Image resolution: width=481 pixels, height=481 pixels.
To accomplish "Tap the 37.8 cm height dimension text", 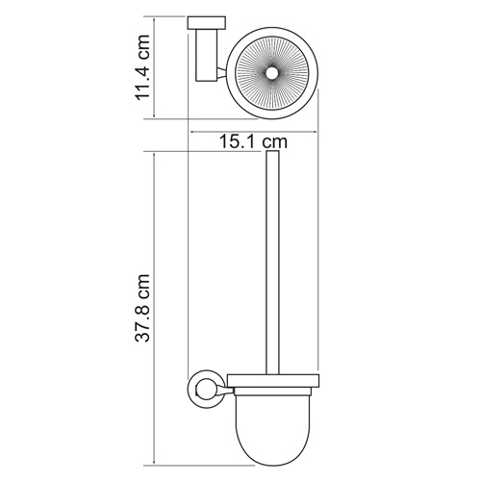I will point(143,308).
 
